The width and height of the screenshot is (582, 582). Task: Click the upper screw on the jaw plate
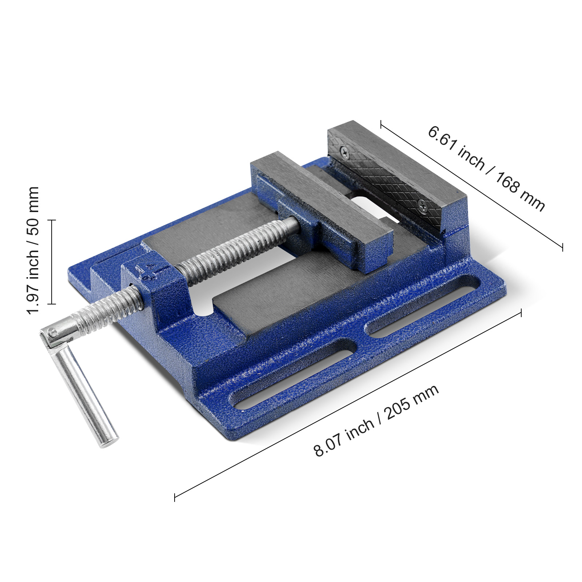[x=344, y=152]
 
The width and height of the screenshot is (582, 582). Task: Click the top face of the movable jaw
[x=320, y=196]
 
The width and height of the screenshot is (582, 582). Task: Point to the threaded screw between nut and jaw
[x=236, y=247]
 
